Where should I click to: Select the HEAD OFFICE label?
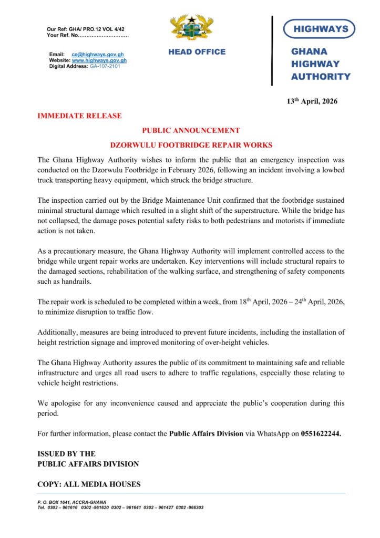pyautogui.click(x=197, y=52)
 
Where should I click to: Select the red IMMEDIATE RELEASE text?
pyautogui.click(x=79, y=116)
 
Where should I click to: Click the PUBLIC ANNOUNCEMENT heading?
pyautogui.click(x=191, y=130)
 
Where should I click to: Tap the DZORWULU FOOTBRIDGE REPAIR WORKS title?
pyautogui.click(x=191, y=144)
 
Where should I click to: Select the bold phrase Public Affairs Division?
pyautogui.click(x=206, y=434)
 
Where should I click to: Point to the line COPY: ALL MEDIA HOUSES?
pyautogui.click(x=89, y=484)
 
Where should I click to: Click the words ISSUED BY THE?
pyautogui.click(x=66, y=453)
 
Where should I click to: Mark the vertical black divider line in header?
pyautogui.click(x=272, y=50)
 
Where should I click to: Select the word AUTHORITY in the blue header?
pyautogui.click(x=321, y=77)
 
